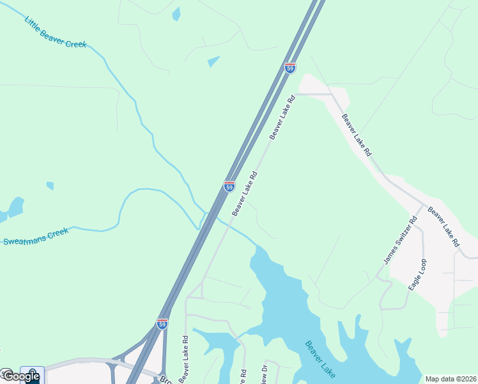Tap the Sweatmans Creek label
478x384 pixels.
point(36,237)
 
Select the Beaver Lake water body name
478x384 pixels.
point(321,359)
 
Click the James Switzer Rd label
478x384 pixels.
point(399,240)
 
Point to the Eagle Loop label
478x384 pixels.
point(418,275)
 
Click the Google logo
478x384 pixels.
point(20,376)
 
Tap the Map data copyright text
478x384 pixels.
point(450,379)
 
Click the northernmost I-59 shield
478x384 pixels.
point(290,68)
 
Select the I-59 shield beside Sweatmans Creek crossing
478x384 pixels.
point(229,186)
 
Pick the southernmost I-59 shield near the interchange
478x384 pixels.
point(162,324)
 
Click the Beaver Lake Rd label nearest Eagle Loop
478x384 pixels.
point(443,227)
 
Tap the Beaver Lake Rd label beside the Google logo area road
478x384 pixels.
point(185,359)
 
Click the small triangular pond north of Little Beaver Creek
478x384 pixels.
point(213,61)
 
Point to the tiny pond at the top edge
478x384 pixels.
point(176,13)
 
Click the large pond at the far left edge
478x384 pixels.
point(14,207)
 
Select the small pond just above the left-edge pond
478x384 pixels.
point(50,186)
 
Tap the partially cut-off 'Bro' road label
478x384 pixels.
point(165,379)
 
